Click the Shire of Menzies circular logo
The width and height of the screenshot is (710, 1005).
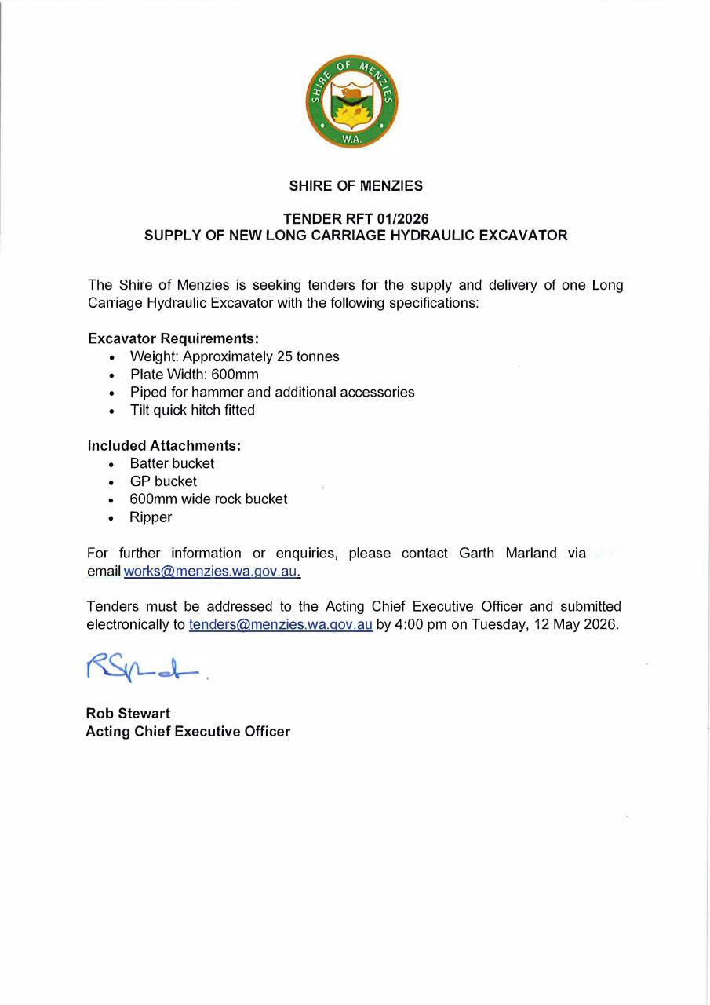[352, 101]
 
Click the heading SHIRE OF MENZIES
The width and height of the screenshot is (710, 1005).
[355, 186]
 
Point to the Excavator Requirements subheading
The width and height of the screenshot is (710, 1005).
[173, 338]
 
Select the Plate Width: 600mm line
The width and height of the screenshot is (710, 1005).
[194, 375]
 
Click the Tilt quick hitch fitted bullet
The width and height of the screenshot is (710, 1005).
[192, 410]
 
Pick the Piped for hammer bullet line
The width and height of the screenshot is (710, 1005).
[272, 392]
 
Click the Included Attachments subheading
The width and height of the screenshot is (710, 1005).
[164, 445]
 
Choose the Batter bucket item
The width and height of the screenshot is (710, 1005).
[172, 463]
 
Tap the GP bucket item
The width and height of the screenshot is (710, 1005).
[163, 481]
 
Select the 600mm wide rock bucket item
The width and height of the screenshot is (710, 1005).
[209, 499]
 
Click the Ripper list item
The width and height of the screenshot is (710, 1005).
[151, 517]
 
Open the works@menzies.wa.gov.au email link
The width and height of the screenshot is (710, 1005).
[212, 572]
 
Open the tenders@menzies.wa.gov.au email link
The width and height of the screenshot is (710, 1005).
[280, 625]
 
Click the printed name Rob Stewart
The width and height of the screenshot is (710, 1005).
[128, 714]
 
